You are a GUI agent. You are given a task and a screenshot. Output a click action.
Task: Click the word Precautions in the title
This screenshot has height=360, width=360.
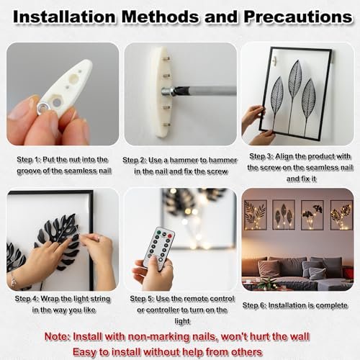298,17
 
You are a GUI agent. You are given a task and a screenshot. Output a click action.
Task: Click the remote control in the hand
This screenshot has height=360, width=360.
159,248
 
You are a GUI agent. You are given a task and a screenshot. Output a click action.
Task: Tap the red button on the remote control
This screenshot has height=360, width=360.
170,236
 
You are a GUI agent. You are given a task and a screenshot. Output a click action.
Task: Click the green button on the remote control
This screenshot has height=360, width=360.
158,233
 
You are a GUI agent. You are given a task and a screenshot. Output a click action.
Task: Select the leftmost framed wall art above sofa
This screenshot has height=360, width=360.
256,215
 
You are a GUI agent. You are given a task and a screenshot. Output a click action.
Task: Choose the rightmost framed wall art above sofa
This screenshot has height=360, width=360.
342,215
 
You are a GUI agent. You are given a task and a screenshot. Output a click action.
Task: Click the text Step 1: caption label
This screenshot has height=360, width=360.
29,160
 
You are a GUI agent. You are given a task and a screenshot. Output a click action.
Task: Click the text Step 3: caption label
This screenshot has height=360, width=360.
261,156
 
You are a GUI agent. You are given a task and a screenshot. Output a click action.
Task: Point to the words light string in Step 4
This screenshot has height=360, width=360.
91,299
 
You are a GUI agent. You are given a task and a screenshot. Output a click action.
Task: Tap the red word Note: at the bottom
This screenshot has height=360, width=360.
58,336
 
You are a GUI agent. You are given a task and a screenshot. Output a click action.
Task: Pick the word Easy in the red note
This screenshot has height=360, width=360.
84,352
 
